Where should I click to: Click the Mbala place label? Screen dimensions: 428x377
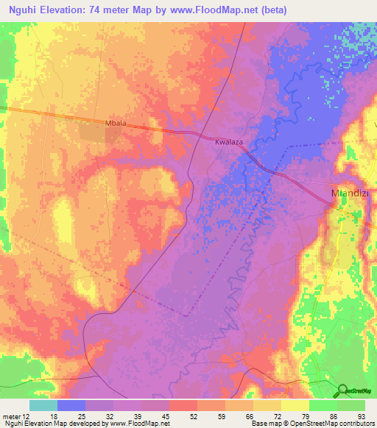pyautogui.click(x=116, y=124)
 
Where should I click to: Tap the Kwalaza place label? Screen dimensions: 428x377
pyautogui.click(x=229, y=140)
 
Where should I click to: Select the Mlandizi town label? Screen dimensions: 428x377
pyautogui.click(x=346, y=194)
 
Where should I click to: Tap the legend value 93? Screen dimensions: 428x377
pyautogui.click(x=361, y=415)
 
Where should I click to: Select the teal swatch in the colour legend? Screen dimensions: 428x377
pyautogui.click(x=43, y=405)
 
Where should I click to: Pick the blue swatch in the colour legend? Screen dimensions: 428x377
pyautogui.click(x=71, y=405)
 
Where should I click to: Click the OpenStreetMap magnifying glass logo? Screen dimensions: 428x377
pyautogui.click(x=342, y=390)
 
